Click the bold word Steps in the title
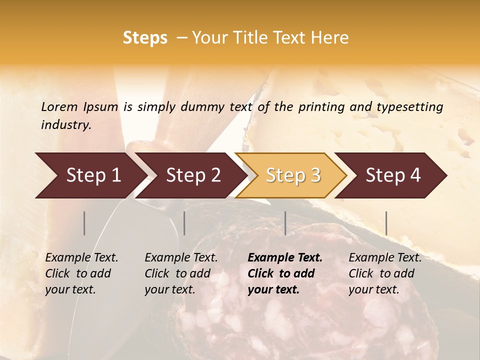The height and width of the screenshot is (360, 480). pos(145,38)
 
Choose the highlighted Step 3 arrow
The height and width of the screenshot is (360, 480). pos(293,175)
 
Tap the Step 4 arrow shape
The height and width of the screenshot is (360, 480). pos(393,175)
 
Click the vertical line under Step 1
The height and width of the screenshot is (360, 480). pos(84,223)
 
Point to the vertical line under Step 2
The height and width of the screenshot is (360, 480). pos(184,223)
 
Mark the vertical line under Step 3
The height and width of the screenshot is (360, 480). pos(285,223)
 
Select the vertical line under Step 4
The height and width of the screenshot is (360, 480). pos(386,223)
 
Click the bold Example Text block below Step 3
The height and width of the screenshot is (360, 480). pos(285,273)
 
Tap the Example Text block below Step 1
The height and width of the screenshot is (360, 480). pos(81,273)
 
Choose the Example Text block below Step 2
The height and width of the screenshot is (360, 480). pos(181,273)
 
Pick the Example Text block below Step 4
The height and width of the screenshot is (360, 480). pos(385,273)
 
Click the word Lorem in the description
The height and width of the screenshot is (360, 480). pos(59,106)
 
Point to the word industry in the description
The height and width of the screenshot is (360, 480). pos(65,125)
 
